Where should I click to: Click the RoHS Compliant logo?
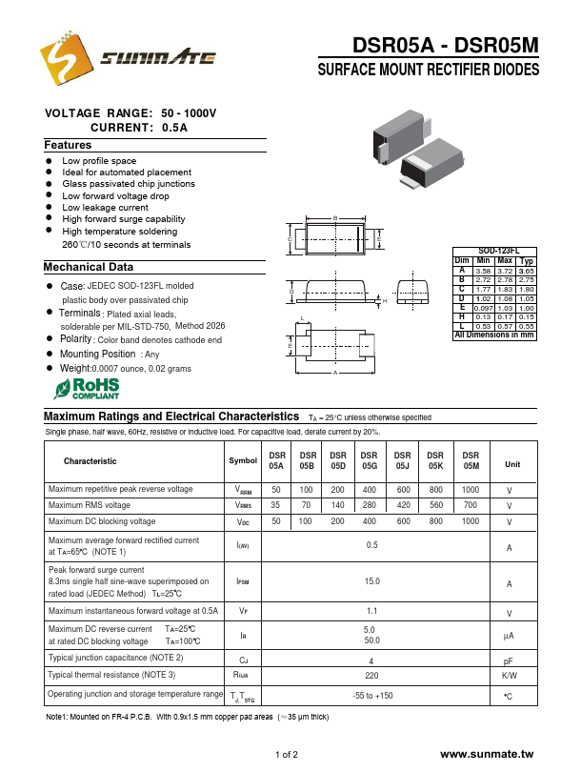[x=86, y=387]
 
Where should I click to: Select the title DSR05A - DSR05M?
[x=445, y=46]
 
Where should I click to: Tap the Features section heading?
[x=68, y=145]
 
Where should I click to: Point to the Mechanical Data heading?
[x=89, y=267]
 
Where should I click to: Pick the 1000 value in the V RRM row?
[x=470, y=489]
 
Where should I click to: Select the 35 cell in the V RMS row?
[x=276, y=505]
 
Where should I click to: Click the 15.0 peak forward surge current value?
[x=371, y=581]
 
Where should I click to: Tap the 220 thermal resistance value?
[x=371, y=675]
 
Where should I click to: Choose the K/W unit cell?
[x=509, y=675]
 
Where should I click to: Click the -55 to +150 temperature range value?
[x=371, y=697]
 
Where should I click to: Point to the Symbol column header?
[x=243, y=461]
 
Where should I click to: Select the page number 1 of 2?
[x=287, y=755]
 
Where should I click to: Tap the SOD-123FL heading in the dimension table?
[x=494, y=251]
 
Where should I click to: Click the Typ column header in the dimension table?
[x=527, y=260]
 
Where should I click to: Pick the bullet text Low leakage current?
[x=105, y=207]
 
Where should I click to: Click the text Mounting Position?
[x=98, y=354]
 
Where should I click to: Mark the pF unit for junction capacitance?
[x=509, y=659]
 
